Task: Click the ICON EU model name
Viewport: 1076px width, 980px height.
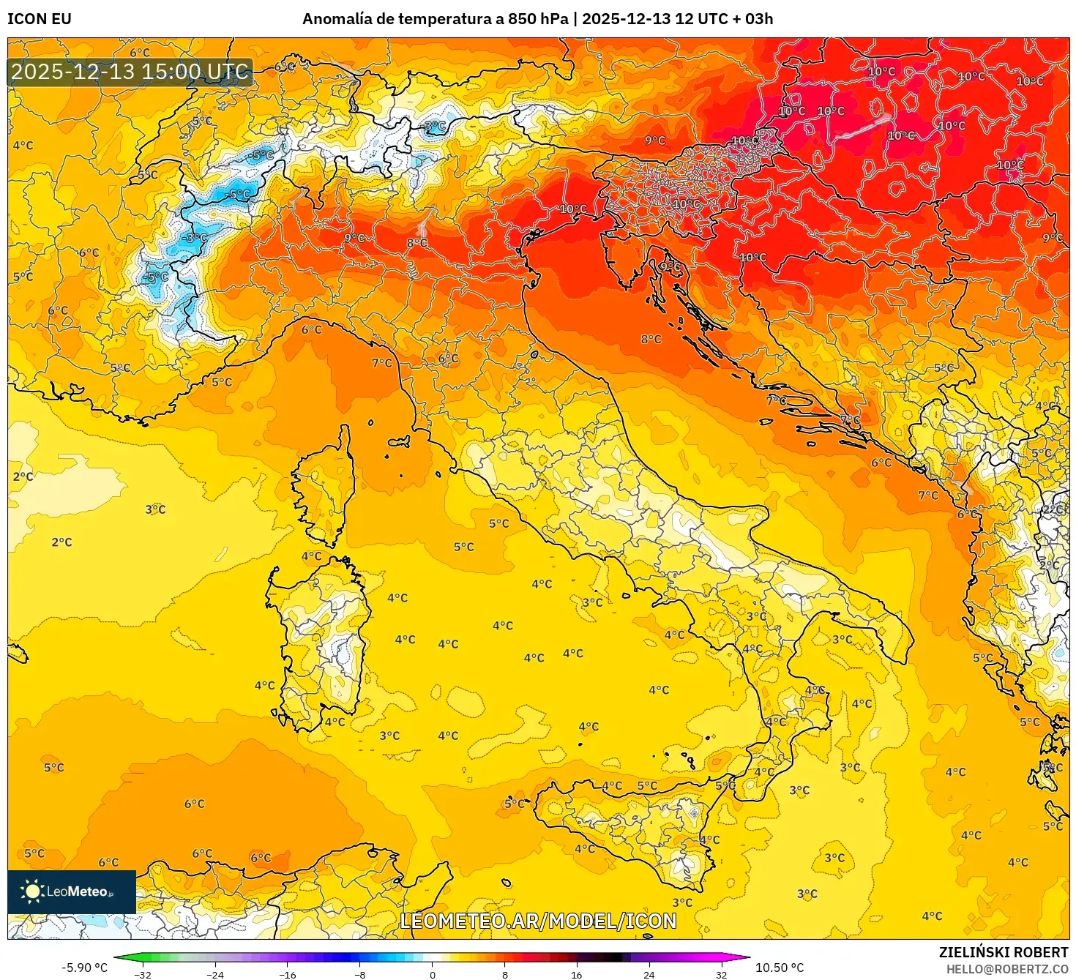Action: [40, 19]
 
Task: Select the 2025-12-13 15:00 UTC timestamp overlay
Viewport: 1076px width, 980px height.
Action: [130, 72]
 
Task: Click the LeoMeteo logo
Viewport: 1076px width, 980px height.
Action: [71, 891]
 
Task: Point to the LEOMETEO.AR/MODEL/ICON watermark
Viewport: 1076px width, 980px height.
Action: [538, 921]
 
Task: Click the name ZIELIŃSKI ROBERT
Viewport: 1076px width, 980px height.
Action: [1003, 952]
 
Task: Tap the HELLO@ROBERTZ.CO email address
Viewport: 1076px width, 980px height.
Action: [1006, 969]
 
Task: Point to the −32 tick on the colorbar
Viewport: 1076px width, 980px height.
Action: [143, 974]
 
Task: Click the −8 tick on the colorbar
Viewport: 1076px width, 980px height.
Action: [359, 974]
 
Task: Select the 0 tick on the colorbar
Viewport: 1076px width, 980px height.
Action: [432, 974]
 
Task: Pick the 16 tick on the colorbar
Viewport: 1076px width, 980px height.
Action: [576, 974]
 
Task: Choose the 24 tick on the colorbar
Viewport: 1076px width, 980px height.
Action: [649, 974]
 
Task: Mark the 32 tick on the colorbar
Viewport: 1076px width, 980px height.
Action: [721, 974]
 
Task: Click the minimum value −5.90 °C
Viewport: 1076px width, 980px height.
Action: [84, 968]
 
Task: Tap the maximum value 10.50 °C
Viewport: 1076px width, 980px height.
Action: [780, 968]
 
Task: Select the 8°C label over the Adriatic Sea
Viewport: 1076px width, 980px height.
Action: [651, 340]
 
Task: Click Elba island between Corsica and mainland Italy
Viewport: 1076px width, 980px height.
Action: [399, 442]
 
